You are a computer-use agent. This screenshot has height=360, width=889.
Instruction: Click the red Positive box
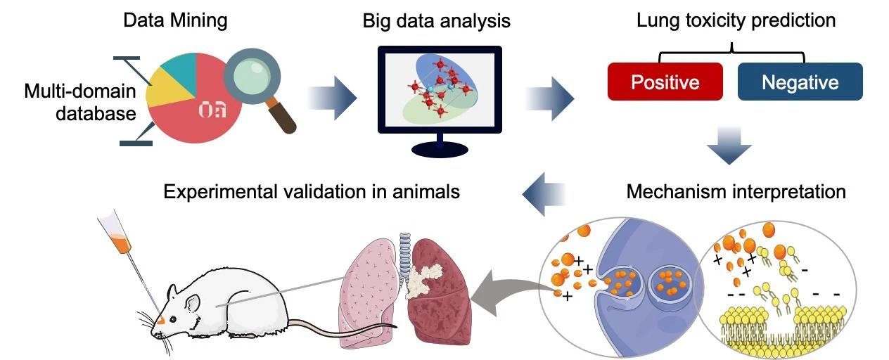665,82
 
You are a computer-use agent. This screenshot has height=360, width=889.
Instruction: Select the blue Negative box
800,82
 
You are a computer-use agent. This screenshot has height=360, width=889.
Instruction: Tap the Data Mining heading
175,20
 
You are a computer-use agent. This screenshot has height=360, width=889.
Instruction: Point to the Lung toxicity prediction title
736,20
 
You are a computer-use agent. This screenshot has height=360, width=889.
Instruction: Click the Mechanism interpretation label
736,191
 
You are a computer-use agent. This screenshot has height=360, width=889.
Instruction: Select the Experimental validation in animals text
312,191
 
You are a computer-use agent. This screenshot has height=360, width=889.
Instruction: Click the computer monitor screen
440,88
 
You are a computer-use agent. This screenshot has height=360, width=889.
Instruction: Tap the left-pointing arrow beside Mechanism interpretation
545,191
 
